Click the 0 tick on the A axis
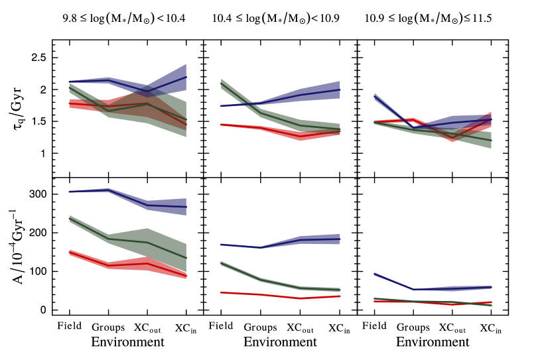click(x=43, y=310)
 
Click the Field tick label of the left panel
click(x=68, y=326)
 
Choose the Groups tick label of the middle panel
click(x=259, y=328)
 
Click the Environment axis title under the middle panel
click(x=280, y=342)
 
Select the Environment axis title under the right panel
click(x=433, y=342)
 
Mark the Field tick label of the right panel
click(x=375, y=326)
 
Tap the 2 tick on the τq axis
click(x=44, y=90)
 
